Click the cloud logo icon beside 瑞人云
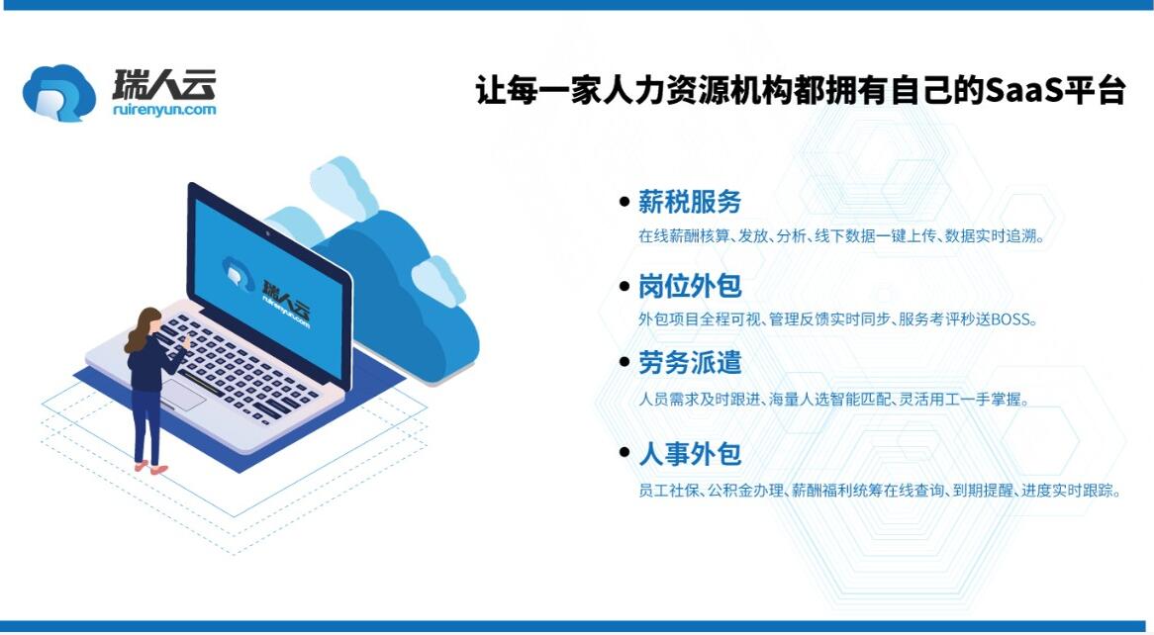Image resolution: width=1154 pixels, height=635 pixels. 58,93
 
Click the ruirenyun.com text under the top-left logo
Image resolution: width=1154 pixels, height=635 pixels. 165,110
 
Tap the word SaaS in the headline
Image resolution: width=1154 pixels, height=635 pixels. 1019,91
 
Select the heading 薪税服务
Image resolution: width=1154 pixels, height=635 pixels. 690,202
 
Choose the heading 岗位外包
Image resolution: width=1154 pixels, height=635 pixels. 690,286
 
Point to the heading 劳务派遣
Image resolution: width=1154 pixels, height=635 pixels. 690,363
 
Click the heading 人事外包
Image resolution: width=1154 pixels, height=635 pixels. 690,454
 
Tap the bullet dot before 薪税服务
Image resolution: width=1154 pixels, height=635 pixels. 625,202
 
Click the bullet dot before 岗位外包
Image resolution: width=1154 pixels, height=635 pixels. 625,286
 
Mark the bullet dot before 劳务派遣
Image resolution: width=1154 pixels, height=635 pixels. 625,362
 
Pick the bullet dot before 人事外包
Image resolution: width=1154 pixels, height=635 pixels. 625,453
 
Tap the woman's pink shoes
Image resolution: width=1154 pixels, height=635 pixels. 150,467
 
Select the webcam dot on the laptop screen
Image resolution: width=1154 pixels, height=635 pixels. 267,233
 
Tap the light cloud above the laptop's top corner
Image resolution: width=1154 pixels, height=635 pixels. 343,188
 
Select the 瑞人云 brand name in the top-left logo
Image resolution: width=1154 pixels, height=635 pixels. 164,85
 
